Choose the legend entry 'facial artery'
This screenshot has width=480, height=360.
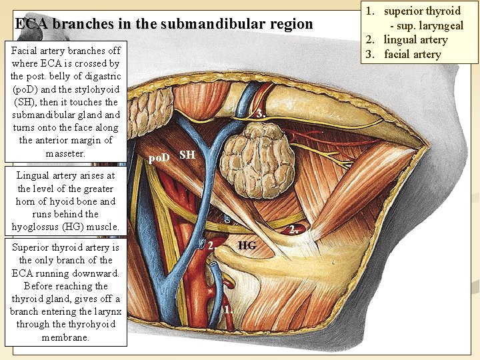(412, 54)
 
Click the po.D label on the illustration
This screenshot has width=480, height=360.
(159, 157)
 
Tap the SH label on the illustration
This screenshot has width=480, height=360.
(187, 155)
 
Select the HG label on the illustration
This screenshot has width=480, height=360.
(247, 245)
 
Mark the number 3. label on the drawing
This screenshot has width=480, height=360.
(261, 114)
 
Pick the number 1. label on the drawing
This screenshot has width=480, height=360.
(228, 309)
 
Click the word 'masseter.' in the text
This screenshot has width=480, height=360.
(65, 153)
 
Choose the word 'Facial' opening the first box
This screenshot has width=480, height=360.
(25, 51)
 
